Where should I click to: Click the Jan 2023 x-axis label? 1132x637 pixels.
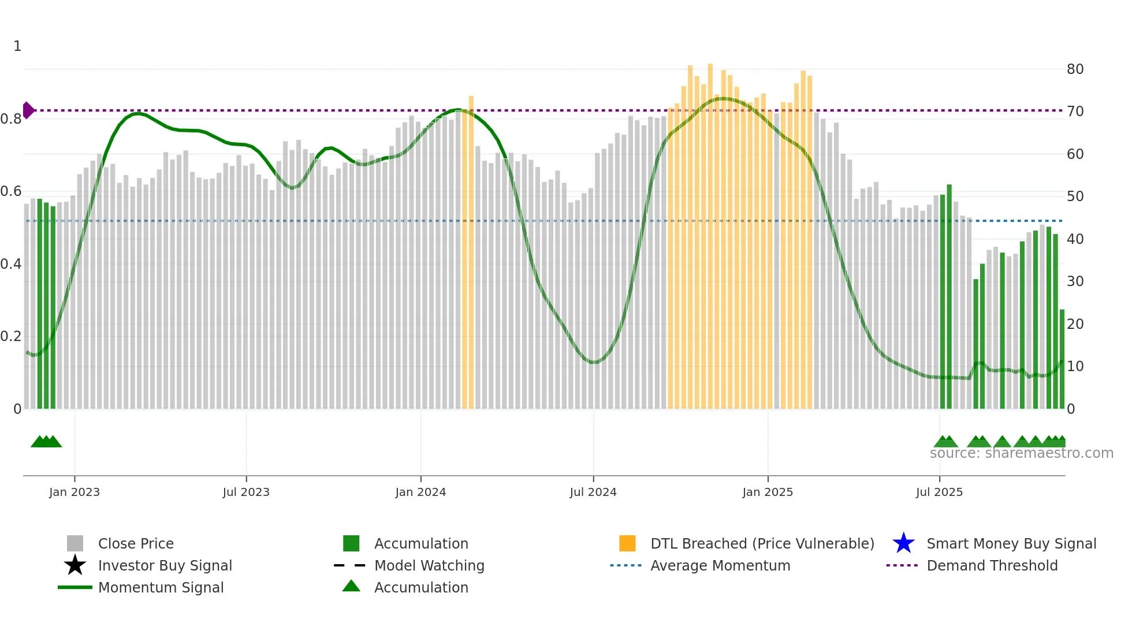(x=75, y=492)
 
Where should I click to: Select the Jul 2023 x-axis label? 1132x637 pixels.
(x=246, y=492)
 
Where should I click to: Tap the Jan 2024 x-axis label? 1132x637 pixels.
(x=420, y=492)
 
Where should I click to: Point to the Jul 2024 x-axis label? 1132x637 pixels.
(x=593, y=492)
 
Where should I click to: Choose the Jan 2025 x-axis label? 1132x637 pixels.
(x=768, y=492)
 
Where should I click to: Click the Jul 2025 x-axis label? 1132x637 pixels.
(x=940, y=492)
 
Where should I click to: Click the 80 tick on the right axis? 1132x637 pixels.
(x=1075, y=69)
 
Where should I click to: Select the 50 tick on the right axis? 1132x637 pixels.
(x=1075, y=197)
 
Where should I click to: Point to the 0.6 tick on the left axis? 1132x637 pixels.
(x=11, y=191)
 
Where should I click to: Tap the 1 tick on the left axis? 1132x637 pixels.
(x=17, y=46)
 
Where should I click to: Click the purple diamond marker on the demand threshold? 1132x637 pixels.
(x=28, y=110)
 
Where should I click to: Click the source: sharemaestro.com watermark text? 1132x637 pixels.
(x=1021, y=453)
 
